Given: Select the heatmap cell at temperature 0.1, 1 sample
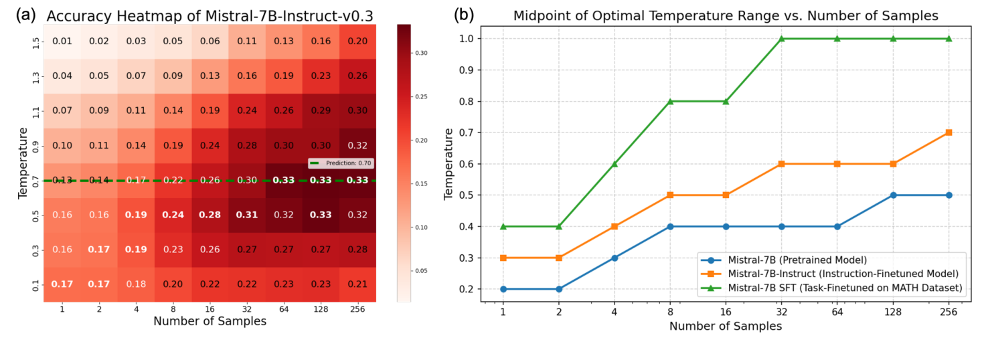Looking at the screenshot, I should pyautogui.click(x=62, y=284).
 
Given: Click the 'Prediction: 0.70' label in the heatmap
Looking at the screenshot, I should pyautogui.click(x=341, y=163).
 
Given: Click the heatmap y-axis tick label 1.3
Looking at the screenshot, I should pyautogui.click(x=35, y=76).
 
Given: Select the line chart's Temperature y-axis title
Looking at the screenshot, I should pyautogui.click(x=449, y=165).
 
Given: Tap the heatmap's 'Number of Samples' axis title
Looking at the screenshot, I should pyautogui.click(x=210, y=321).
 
